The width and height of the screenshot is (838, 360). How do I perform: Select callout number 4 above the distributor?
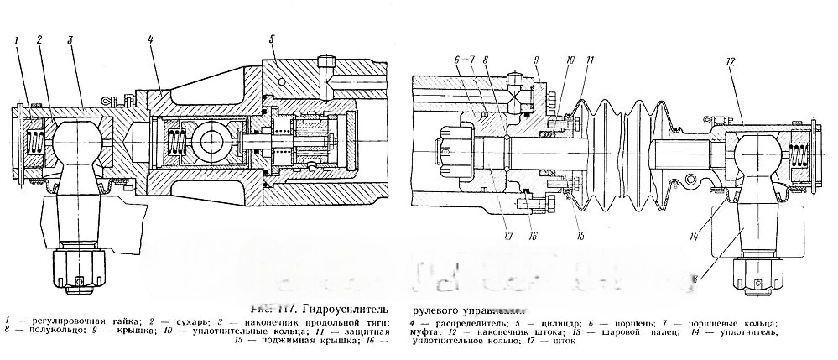pyautogui.click(x=148, y=39)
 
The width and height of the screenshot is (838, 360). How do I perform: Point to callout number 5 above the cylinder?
pyautogui.click(x=273, y=39)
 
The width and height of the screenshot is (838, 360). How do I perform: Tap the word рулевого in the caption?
pyautogui.click(x=441, y=306)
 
